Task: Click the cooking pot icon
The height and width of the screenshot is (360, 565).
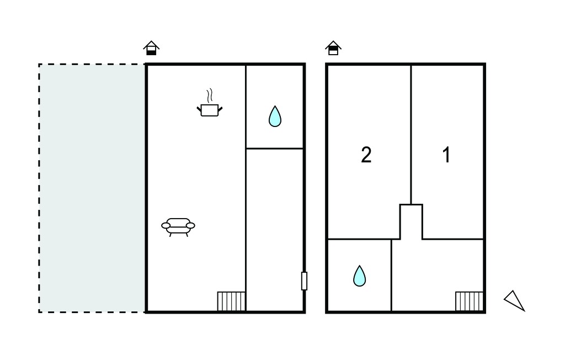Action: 209,110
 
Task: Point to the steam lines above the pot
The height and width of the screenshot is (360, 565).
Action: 209,96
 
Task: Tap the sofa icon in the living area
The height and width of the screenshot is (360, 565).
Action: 178,227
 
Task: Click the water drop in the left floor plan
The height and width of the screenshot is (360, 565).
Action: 275,116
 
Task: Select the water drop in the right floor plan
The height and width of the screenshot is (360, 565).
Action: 359,276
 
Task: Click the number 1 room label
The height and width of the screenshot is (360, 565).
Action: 446,155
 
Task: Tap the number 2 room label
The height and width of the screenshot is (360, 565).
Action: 366,155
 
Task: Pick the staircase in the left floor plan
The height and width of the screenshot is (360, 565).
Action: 231,301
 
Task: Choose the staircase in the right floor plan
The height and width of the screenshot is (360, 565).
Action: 469,301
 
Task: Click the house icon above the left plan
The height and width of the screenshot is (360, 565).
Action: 151,48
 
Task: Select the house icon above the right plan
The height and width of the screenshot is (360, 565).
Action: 333,48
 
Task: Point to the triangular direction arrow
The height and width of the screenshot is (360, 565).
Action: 515,300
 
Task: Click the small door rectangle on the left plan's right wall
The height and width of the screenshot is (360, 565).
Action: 304,281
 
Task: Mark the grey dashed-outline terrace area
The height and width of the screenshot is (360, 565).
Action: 92,188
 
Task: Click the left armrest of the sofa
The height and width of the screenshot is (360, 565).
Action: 166,226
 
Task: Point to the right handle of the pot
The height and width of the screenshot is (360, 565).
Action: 220,109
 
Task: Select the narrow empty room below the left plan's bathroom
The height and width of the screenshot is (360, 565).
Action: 275,230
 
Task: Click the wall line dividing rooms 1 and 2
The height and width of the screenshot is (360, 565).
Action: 411,135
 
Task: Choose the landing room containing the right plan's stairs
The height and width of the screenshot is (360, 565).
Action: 438,275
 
